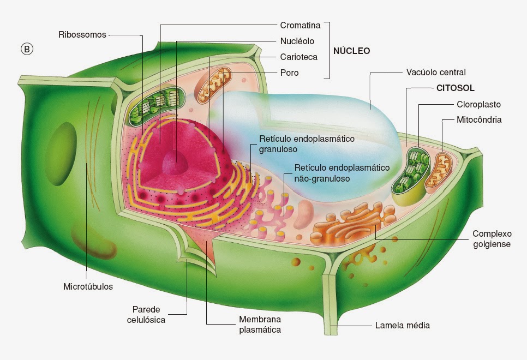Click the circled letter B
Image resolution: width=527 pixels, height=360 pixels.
coord(27,49)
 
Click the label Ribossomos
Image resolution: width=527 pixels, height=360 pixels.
coord(82,34)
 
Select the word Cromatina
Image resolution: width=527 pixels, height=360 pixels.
coord(300,25)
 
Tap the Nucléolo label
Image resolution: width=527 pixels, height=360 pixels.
coord(297,41)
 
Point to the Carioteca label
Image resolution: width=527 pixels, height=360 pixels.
coord(299,57)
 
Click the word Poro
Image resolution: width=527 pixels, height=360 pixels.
coord(289,73)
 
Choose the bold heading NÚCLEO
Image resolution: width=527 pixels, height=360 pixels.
coord(351,51)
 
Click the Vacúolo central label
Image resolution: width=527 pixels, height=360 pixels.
coord(436,72)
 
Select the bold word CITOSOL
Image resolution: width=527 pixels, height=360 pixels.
coord(456,88)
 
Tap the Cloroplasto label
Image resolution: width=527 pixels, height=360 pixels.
coord(478,104)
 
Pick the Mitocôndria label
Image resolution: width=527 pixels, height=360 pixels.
coord(479,119)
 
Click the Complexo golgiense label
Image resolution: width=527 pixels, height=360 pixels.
coord(492,239)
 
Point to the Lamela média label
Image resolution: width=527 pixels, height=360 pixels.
coord(402,326)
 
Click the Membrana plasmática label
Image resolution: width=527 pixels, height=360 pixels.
coord(260,325)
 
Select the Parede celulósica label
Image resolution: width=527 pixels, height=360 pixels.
coord(146,315)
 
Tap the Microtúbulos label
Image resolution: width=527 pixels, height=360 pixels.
coord(88,287)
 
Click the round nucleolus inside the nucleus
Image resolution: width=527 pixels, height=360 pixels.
coord(175,163)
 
